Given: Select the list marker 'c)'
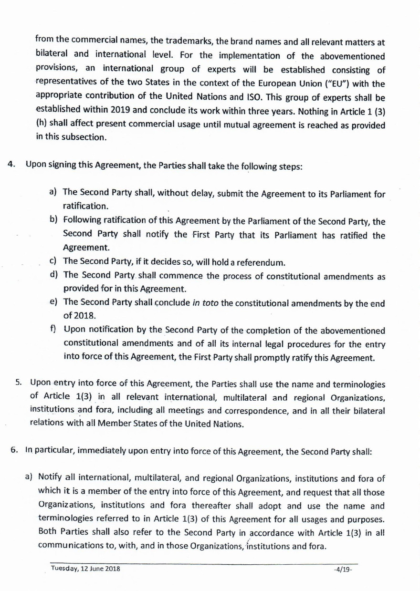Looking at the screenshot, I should click(x=53, y=261).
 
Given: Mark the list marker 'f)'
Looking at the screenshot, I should click(x=53, y=329).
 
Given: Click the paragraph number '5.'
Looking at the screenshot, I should click(x=20, y=382).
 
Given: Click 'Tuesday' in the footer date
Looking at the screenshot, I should click(x=65, y=569).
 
